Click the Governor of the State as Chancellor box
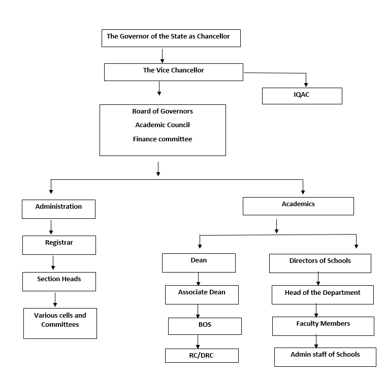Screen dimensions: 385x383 click(171, 38)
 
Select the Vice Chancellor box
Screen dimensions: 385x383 click(174, 72)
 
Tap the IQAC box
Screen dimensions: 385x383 click(302, 96)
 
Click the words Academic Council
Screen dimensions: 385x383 click(163, 125)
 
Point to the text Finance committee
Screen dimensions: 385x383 click(163, 139)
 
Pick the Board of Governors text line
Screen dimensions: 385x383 click(163, 111)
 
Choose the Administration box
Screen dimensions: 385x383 click(59, 209)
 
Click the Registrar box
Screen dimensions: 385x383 click(59, 245)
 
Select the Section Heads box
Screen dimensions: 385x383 click(59, 282)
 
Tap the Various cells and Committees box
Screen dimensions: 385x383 click(60, 324)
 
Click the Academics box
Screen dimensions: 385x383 click(298, 206)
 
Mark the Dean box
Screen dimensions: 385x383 click(199, 263)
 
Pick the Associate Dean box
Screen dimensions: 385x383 click(202, 295)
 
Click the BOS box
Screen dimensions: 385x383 click(205, 326)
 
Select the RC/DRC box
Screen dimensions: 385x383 click(202, 356)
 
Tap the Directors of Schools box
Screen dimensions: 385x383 click(320, 263)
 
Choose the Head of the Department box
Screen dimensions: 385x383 click(323, 295)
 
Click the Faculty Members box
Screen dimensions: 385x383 click(323, 326)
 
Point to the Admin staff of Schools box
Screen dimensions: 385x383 click(325, 357)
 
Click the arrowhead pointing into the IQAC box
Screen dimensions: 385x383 click(306, 85)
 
